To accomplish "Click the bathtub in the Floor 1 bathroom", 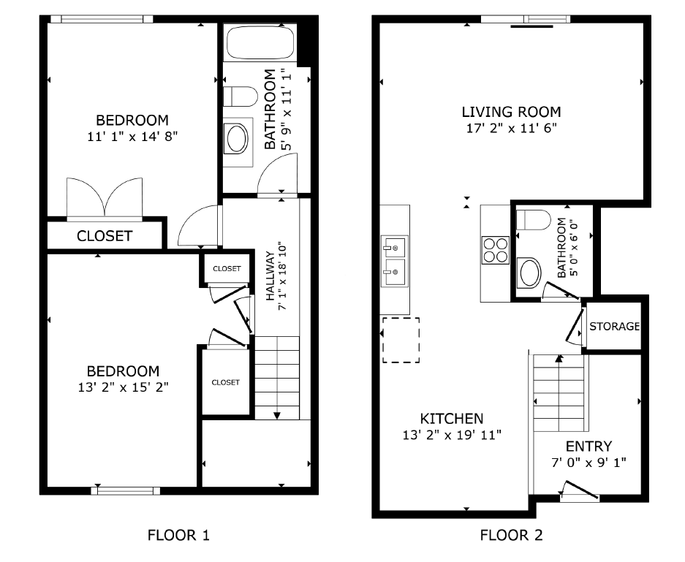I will tap(260, 44).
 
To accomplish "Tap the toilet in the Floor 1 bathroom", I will tap(239, 96).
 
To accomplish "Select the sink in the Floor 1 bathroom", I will tap(237, 138).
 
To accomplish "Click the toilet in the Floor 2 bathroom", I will tap(532, 220).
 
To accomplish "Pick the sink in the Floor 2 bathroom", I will tap(529, 273).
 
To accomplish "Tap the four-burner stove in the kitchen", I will tap(495, 250).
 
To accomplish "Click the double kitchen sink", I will tap(394, 259).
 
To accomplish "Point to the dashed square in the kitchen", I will tap(401, 340).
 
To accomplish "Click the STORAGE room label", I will tap(615, 326).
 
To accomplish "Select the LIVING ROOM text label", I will tap(511, 112).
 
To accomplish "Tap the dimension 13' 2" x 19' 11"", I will tap(451, 434).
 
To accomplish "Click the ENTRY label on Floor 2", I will tap(589, 447).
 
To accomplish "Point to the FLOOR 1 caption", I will tap(178, 535).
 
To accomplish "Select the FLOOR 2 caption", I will tap(511, 535).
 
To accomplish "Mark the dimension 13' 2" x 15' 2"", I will tap(122, 387).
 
